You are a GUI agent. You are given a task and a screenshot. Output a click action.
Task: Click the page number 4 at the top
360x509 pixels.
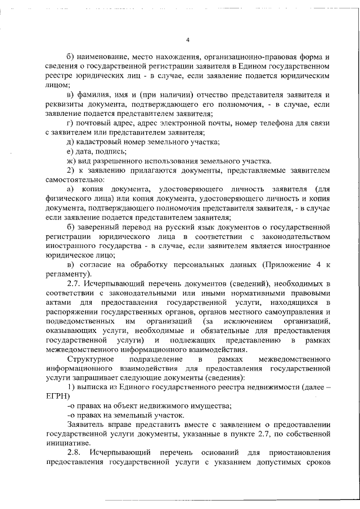coord(188,40)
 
